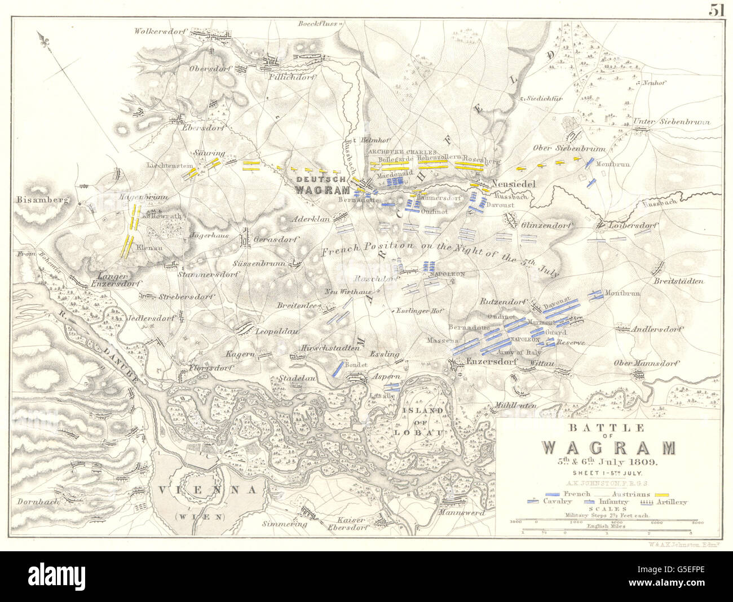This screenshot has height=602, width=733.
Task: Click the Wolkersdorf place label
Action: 160,32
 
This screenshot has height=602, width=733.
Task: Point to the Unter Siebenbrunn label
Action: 663,122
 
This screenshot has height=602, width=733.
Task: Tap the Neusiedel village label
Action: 512,184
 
